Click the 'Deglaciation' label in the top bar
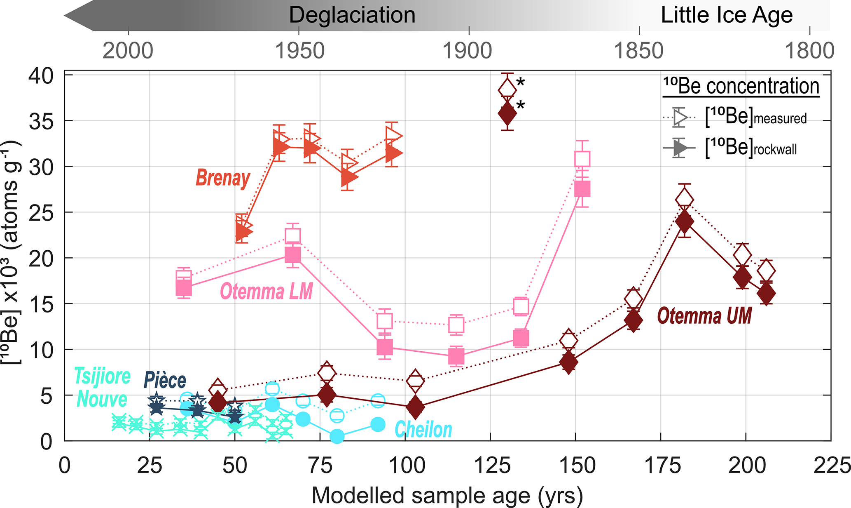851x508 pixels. pyautogui.click(x=352, y=15)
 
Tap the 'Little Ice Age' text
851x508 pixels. pyautogui.click(x=727, y=15)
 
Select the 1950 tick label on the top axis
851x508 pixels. pyautogui.click(x=299, y=51)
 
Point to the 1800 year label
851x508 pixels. pyautogui.click(x=809, y=51)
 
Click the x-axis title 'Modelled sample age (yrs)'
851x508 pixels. pyautogui.click(x=447, y=495)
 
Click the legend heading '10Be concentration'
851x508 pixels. pyautogui.click(x=741, y=86)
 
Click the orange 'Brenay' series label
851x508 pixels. pyautogui.click(x=223, y=178)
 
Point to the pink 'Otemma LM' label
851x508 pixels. pyautogui.click(x=266, y=292)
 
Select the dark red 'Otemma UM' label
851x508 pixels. pyautogui.click(x=704, y=316)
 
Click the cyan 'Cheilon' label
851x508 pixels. pyautogui.click(x=423, y=430)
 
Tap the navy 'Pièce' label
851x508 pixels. pyautogui.click(x=165, y=380)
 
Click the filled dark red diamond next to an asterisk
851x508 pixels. pyautogui.click(x=507, y=114)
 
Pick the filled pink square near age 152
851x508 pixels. pyautogui.click(x=582, y=189)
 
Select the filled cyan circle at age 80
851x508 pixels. pyautogui.click(x=337, y=436)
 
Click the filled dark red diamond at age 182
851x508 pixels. pyautogui.click(x=684, y=221)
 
